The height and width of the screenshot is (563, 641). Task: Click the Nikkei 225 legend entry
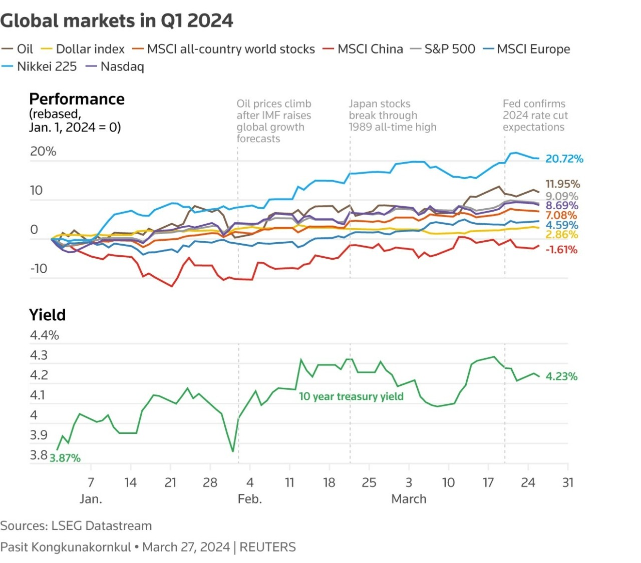(x=47, y=67)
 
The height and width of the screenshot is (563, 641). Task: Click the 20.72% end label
(x=564, y=159)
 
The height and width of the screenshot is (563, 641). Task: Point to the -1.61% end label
(x=561, y=250)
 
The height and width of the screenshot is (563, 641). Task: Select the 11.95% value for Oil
(x=562, y=184)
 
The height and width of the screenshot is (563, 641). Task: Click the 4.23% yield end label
(x=561, y=376)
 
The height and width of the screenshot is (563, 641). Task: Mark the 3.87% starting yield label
(x=65, y=458)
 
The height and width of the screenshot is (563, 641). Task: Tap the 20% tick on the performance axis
(x=43, y=151)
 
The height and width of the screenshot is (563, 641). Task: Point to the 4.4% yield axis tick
(x=45, y=335)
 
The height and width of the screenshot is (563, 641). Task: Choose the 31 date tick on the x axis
(x=567, y=482)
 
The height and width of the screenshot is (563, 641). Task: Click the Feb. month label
(x=249, y=499)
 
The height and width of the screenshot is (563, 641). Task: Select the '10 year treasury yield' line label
(x=351, y=396)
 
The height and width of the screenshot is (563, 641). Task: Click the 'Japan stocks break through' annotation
(x=392, y=115)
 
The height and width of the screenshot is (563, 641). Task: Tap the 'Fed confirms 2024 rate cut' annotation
(x=535, y=115)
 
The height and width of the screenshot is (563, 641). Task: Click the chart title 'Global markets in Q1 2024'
(x=117, y=21)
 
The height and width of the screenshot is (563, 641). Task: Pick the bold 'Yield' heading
(x=48, y=315)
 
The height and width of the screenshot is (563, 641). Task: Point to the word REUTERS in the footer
(x=267, y=547)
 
